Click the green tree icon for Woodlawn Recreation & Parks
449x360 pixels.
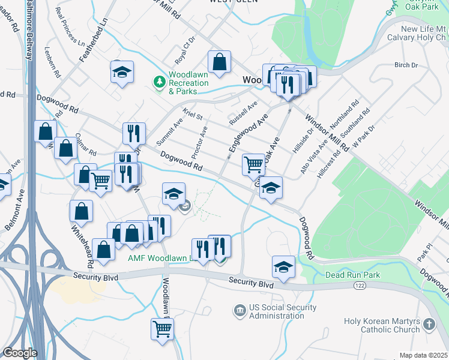(160, 81)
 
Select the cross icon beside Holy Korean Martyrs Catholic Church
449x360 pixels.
(429, 325)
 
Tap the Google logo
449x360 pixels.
(20, 353)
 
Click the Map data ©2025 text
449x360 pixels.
(423, 355)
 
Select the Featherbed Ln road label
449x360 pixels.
(94, 40)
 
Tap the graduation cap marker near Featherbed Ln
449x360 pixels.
(122, 72)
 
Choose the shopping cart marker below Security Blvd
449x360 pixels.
(162, 328)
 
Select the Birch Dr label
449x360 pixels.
(406, 65)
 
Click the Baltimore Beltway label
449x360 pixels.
(28, 30)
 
